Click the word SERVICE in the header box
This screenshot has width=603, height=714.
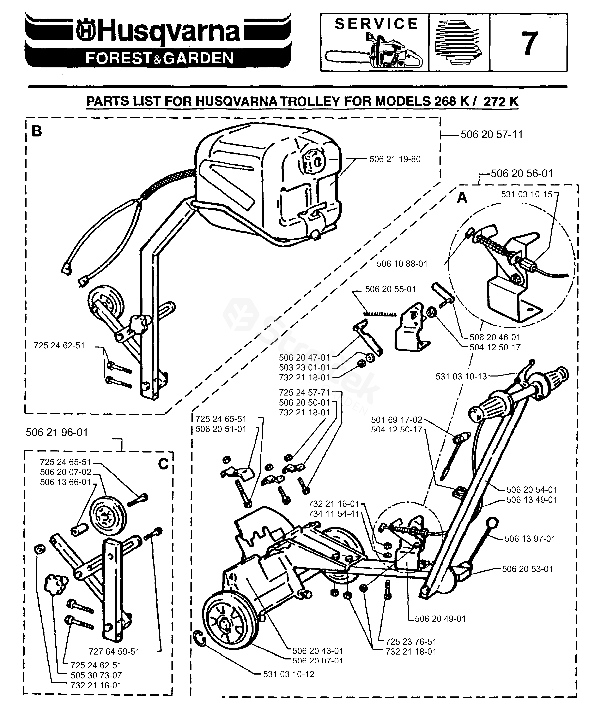[376, 24]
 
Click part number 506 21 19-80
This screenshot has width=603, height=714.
[395, 159]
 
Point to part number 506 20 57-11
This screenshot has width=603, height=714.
[492, 134]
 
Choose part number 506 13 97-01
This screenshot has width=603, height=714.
[530, 539]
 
